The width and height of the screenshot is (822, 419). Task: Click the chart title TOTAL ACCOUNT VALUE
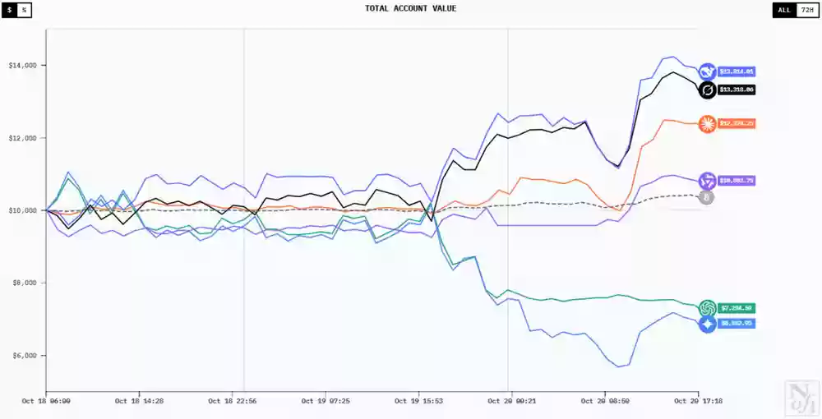coord(410,8)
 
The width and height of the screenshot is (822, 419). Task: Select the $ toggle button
coord(10,10)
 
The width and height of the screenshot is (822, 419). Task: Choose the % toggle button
coord(24,10)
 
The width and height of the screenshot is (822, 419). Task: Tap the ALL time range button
coord(784,10)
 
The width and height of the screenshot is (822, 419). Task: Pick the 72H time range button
coord(806,10)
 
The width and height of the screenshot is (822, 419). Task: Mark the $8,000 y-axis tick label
coord(24,283)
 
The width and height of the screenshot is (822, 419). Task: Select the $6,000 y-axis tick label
coord(24,356)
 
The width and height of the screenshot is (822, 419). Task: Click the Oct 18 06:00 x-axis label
coord(46,402)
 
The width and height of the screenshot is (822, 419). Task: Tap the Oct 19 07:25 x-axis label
coord(326,402)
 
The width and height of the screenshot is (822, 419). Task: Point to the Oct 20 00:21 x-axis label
coord(512,402)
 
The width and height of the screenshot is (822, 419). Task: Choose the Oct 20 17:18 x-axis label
coord(698,402)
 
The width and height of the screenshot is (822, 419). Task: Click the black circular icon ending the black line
coord(707,90)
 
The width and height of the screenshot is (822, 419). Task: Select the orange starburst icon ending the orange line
coord(707,124)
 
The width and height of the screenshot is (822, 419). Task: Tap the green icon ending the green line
coord(707,308)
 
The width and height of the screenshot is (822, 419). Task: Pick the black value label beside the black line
coord(737,90)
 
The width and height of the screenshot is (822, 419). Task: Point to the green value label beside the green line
coord(737,308)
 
